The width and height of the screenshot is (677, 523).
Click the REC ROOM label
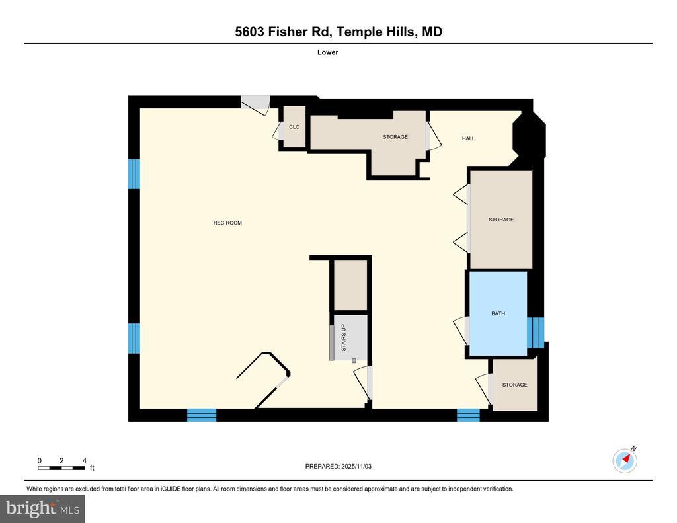tap(227, 223)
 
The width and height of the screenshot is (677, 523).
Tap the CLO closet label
tap(294, 127)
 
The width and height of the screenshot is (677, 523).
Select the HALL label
tap(469, 138)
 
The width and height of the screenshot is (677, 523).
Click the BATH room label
tap(498, 313)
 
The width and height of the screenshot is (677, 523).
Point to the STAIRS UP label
tap(344, 338)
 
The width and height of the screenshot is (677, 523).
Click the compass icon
tap(625, 461)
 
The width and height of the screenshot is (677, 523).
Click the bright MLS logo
tap(42, 508)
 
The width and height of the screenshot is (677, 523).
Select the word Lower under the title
tap(328, 52)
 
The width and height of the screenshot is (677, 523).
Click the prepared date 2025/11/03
tap(356, 466)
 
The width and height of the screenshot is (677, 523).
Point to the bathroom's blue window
tap(536, 332)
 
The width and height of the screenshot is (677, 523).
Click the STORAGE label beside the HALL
tap(395, 137)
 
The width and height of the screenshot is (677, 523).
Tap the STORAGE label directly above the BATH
tap(501, 220)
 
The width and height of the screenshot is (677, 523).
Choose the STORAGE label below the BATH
tap(514, 385)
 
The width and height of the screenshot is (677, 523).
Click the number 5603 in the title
tap(249, 32)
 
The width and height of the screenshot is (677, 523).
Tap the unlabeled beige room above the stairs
tap(350, 284)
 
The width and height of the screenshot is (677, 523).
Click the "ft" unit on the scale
tap(92, 467)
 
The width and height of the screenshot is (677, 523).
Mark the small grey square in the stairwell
tap(354, 360)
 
